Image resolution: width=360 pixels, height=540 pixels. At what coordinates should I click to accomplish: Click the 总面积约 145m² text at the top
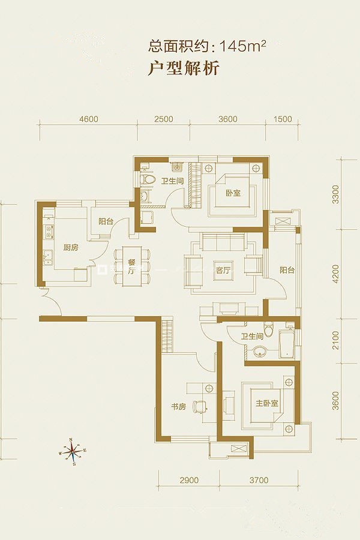208,46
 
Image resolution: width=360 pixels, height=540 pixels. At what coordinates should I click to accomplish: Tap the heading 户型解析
184,68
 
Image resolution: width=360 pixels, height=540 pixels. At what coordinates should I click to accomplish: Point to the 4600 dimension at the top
89,119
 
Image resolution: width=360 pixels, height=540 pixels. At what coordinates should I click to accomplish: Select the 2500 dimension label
164,119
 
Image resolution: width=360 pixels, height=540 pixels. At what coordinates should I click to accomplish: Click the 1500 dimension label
282,119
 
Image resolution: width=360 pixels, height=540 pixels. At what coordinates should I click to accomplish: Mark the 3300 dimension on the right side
336,194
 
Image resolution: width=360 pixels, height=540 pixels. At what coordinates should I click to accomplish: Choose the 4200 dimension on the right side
336,274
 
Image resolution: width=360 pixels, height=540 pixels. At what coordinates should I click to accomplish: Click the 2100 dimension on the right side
336,340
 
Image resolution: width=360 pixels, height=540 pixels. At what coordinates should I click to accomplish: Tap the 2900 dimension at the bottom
189,480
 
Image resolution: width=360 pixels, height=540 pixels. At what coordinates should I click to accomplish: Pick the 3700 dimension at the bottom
259,480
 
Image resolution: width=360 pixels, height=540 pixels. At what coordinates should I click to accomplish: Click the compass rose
73,451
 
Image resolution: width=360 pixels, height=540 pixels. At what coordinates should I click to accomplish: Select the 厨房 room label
71,247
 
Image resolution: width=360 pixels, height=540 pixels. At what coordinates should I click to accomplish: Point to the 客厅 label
223,271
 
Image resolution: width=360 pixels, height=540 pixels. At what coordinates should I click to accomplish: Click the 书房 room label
178,407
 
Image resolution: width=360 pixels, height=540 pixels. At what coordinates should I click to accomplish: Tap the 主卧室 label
267,403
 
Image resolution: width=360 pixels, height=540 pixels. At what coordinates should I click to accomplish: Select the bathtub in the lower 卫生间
286,344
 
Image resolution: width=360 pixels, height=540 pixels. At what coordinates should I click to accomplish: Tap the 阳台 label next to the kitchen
106,221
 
